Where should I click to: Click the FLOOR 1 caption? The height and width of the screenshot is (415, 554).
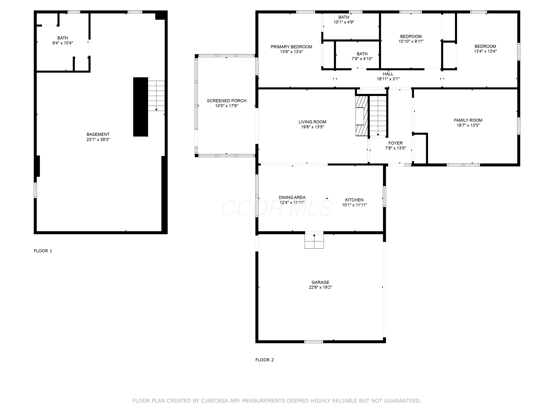43,251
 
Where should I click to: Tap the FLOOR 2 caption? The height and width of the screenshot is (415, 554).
264,360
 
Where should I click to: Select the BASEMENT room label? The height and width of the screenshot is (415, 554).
98,134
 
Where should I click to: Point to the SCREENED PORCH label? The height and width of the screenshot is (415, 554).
226,101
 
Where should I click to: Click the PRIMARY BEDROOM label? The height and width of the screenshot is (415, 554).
291,47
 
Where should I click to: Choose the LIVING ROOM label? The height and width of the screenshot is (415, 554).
312,122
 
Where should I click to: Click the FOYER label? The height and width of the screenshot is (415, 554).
396,143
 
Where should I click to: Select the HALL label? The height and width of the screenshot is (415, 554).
388,74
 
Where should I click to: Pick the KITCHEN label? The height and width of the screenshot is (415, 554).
354,200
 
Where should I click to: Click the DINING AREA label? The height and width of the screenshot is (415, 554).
292,197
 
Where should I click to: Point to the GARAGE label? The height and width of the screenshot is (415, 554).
320,282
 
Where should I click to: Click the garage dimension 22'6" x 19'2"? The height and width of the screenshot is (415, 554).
320,287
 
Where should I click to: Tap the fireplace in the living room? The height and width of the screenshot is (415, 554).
362,116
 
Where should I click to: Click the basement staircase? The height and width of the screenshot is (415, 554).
156,96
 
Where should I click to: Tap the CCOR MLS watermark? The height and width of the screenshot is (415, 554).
277,208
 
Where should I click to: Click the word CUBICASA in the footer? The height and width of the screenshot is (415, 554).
214,401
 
